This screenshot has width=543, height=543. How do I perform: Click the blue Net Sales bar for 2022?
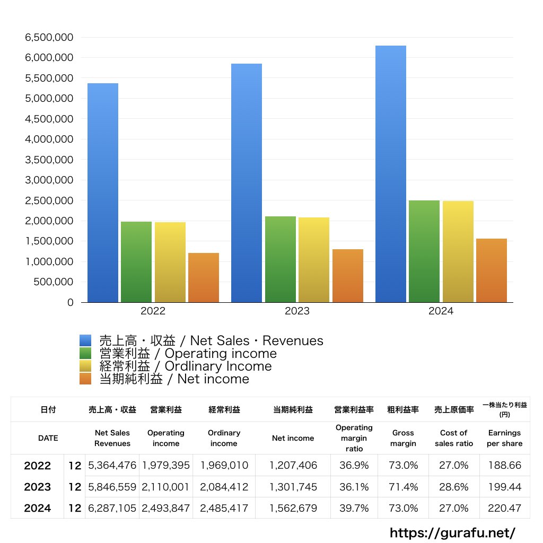[x=103, y=193]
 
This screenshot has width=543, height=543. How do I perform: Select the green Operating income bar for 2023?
[x=281, y=259]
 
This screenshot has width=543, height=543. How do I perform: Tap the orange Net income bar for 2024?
[x=492, y=270]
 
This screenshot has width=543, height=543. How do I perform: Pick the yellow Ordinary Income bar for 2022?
[x=170, y=262]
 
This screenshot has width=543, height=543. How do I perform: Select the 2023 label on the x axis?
[x=297, y=311]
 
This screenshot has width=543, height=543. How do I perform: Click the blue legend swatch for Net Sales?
[x=86, y=340]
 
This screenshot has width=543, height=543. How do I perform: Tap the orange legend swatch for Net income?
[x=86, y=379]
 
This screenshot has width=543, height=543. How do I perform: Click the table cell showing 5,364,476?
[x=112, y=466]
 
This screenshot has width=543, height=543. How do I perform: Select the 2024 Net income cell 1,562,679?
[x=293, y=508]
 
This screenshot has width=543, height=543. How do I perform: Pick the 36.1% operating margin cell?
[x=354, y=487]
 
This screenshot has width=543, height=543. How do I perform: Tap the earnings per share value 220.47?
[x=504, y=508]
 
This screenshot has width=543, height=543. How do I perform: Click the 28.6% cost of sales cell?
[x=453, y=487]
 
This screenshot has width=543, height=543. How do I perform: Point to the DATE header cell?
[x=48, y=438]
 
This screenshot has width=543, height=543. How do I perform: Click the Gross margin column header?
[x=403, y=438]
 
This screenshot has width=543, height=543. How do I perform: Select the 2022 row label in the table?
[x=38, y=466]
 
